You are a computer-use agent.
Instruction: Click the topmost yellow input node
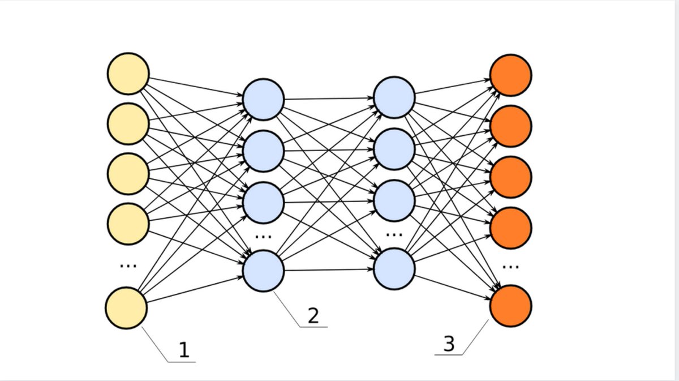pyautogui.click(x=128, y=74)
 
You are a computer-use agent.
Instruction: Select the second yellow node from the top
pyautogui.click(x=128, y=123)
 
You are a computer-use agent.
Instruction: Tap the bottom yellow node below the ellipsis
pyautogui.click(x=127, y=308)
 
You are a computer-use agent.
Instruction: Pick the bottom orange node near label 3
pyautogui.click(x=510, y=306)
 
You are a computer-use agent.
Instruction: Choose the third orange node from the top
pyautogui.click(x=510, y=177)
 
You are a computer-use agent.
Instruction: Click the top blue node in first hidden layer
pyautogui.click(x=263, y=100)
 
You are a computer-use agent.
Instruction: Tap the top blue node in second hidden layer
pyautogui.click(x=394, y=99)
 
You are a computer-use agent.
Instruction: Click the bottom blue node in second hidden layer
pyautogui.click(x=394, y=269)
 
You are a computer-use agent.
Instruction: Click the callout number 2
pyautogui.click(x=313, y=316)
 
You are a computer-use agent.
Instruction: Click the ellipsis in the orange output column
pyautogui.click(x=510, y=266)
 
